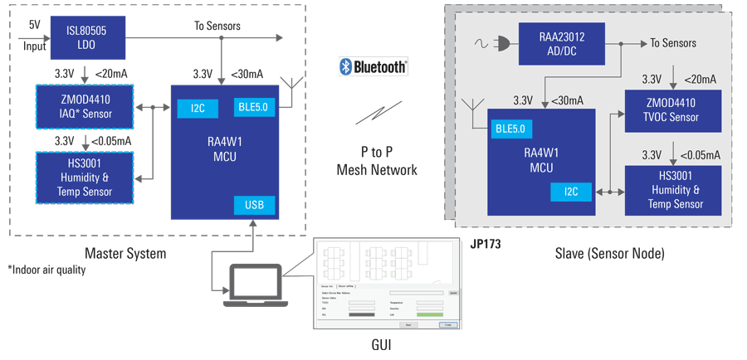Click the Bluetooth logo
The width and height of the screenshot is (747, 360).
point(373,67)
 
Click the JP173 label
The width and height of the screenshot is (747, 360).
point(486,245)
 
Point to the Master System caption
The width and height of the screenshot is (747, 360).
point(125,253)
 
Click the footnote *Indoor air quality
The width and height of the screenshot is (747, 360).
point(46,270)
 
